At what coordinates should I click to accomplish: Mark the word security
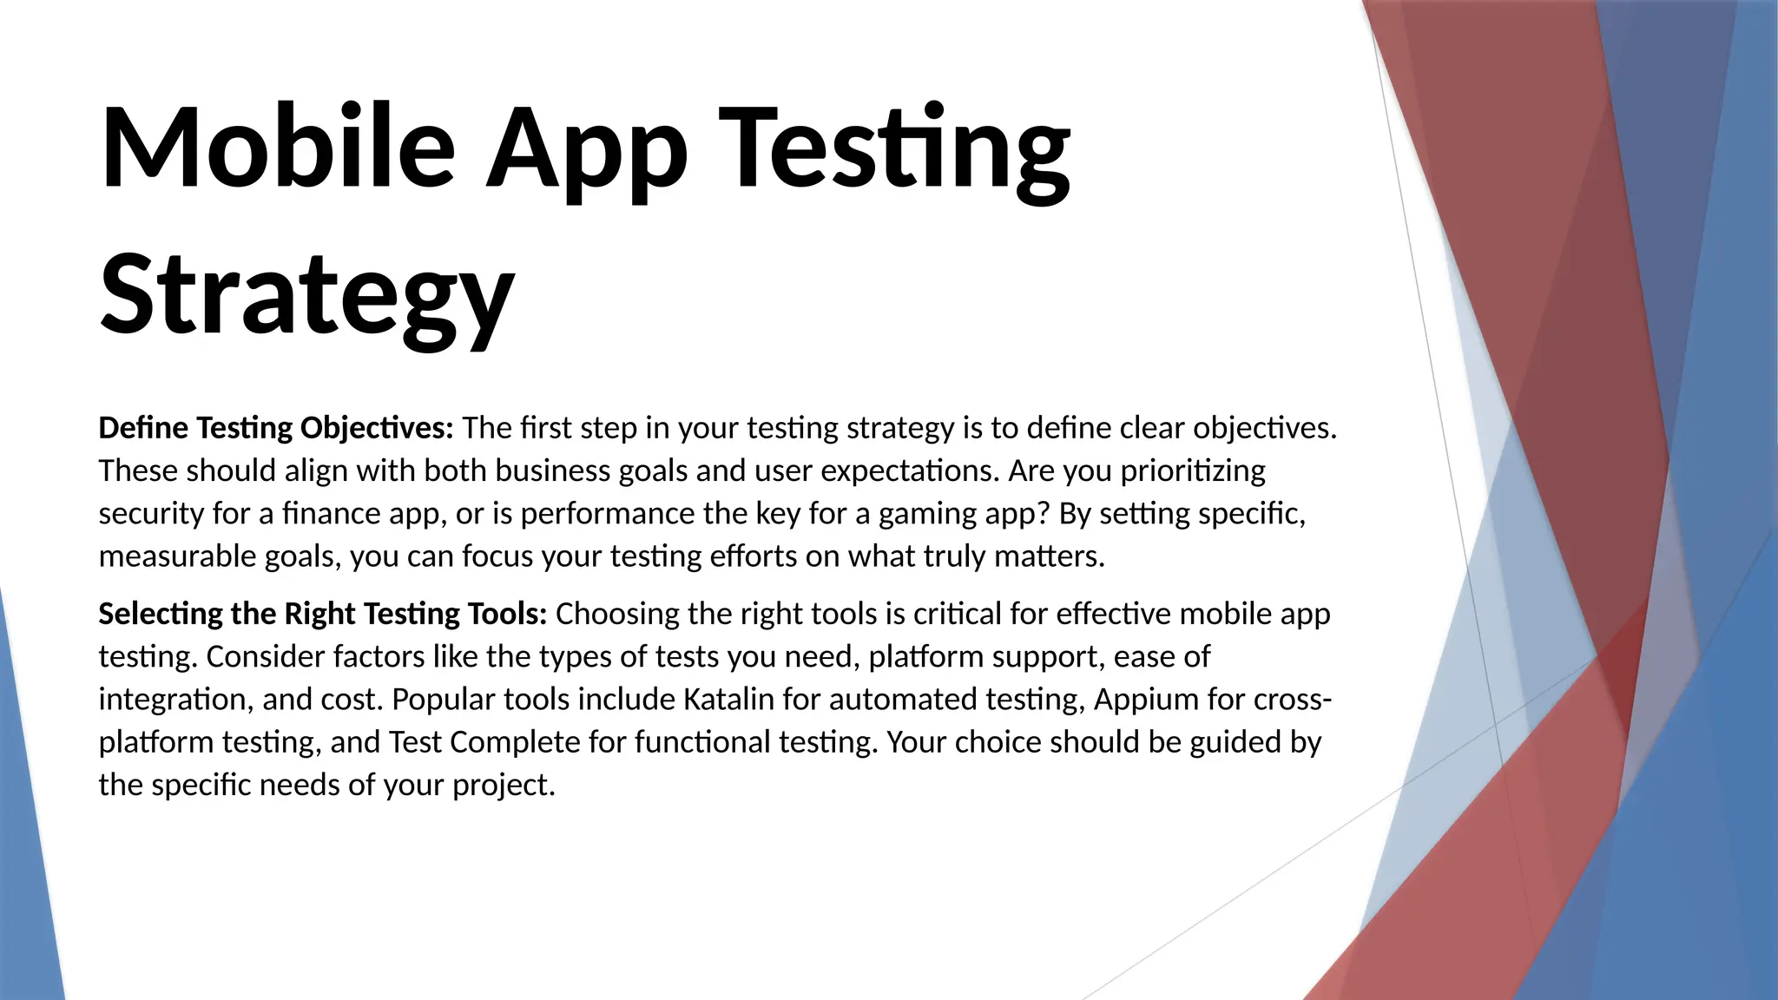pos(151,514)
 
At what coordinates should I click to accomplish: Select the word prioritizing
pos(1193,471)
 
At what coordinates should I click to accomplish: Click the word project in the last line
pos(503,786)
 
